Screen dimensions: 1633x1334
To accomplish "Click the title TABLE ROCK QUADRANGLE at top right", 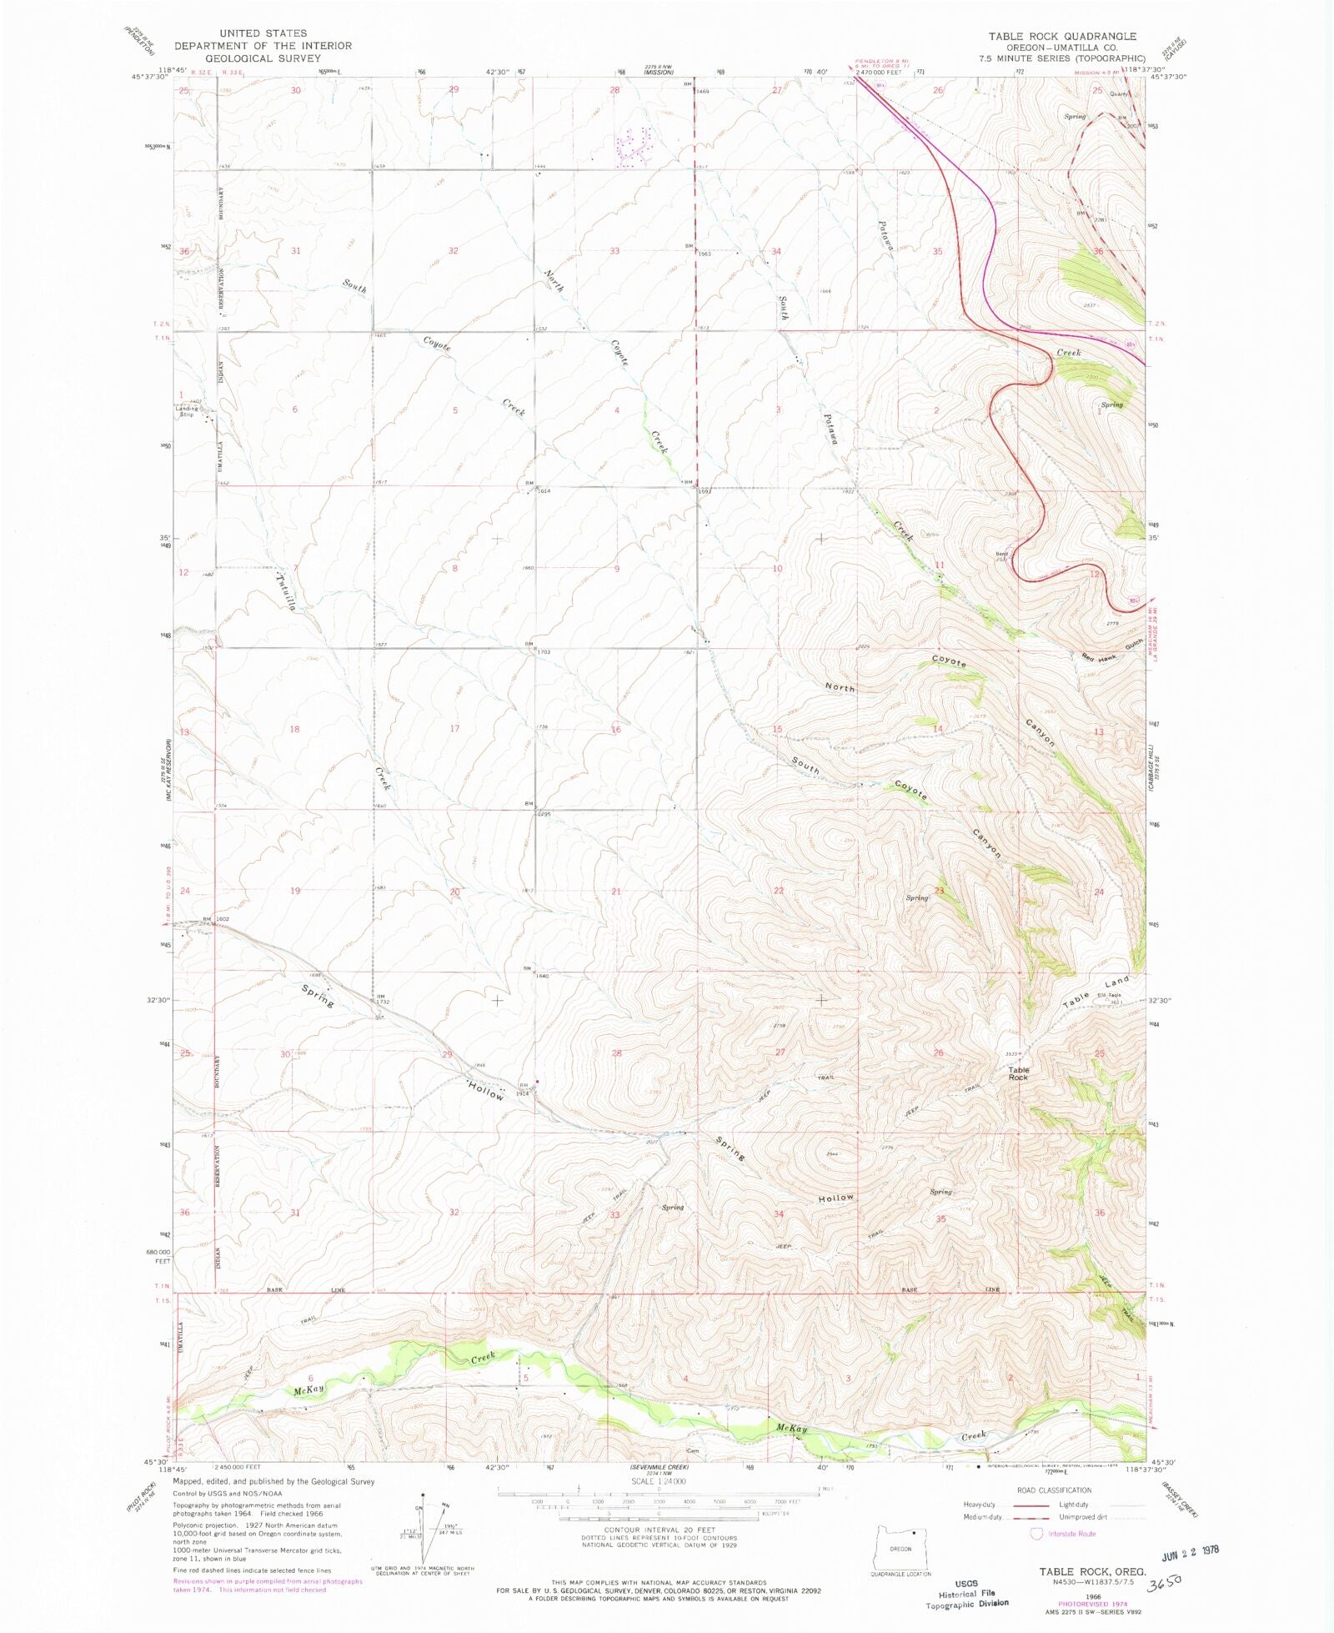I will pyautogui.click(x=1062, y=36).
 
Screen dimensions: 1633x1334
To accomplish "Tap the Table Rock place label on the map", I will pyautogui.click(x=1018, y=1073).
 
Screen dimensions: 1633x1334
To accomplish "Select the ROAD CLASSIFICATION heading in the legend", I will pyautogui.click(x=1053, y=1490).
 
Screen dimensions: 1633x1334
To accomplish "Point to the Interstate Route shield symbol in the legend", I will pyautogui.click(x=1036, y=1533).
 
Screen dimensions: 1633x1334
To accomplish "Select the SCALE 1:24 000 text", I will pyautogui.click(x=659, y=1481).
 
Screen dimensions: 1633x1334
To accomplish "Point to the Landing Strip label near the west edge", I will pyautogui.click(x=188, y=411).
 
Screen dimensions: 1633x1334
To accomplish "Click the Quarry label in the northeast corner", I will pyautogui.click(x=1118, y=93).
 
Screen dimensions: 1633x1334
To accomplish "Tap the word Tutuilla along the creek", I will pyautogui.click(x=286, y=592).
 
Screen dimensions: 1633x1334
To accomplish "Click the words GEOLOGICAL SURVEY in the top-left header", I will pyautogui.click(x=263, y=58).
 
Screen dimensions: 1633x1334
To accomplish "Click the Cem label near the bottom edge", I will pyautogui.click(x=692, y=1450).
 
